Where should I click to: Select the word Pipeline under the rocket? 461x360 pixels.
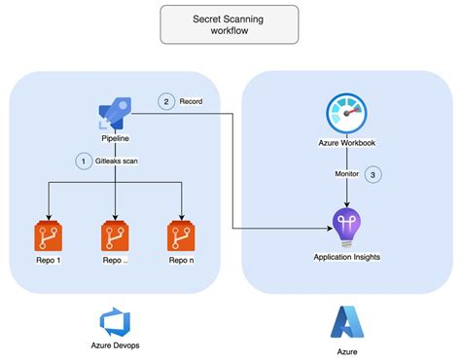pos(116,139)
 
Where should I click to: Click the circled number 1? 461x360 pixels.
pos(84,160)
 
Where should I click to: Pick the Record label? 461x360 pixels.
pos(191,100)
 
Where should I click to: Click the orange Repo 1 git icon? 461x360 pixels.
pos(49,236)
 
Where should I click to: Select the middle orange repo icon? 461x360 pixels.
pos(116,236)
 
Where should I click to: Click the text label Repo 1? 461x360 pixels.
pos(49,261)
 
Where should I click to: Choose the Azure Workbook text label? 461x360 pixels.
pos(346,143)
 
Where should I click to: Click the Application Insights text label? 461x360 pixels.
pos(346,257)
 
